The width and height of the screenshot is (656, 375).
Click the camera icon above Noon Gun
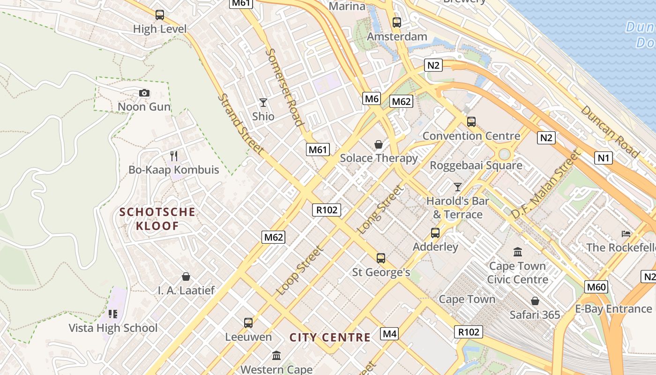(x=144, y=93)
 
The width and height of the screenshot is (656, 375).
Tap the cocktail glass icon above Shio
(x=263, y=102)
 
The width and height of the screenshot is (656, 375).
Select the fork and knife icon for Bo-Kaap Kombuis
(x=174, y=156)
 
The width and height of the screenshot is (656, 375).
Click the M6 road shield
(x=372, y=98)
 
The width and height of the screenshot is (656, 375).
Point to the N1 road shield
(x=604, y=158)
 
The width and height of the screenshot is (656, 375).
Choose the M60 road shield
(x=596, y=286)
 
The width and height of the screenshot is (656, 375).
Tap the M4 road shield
(x=389, y=334)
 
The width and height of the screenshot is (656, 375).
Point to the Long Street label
(x=380, y=210)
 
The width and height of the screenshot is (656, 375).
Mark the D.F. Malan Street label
(x=545, y=184)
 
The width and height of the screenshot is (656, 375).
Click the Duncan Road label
(x=610, y=131)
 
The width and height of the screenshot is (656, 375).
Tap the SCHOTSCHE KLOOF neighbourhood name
(x=157, y=219)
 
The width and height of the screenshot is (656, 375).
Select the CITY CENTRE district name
(x=330, y=337)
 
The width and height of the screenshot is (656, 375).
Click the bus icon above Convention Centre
(x=471, y=122)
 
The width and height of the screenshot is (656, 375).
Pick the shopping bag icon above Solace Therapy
(x=379, y=144)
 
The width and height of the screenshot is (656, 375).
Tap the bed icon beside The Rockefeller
(x=626, y=233)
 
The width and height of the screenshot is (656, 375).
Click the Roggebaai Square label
(x=476, y=165)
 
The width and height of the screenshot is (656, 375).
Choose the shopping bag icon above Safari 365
(x=535, y=301)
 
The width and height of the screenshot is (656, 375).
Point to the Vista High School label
(x=113, y=328)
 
